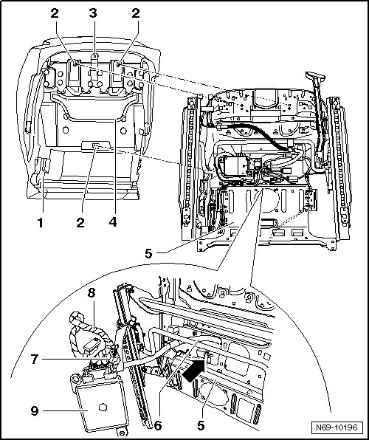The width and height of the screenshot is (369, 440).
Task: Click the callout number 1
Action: click(x=41, y=223)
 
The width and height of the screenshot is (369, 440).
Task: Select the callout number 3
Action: click(x=93, y=13)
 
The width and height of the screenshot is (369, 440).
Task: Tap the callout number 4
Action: click(x=113, y=222)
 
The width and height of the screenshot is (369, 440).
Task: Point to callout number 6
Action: click(x=158, y=425)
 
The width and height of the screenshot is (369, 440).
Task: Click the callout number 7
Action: click(x=35, y=360)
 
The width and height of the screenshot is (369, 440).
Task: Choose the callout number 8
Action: click(x=92, y=293)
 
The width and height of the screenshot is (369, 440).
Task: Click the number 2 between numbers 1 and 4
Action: click(x=80, y=223)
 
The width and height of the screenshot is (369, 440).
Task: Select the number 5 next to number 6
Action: click(x=201, y=425)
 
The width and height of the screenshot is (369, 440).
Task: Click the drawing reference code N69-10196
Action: click(x=337, y=427)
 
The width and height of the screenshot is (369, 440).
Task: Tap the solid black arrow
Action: click(x=194, y=371)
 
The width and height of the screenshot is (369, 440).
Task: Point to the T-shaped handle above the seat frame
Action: click(x=315, y=76)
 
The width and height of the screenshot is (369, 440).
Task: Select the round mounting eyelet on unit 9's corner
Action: click(x=75, y=379)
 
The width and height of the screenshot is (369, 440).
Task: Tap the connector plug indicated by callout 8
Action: click(x=91, y=344)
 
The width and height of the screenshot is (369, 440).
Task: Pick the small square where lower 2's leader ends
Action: click(x=96, y=145)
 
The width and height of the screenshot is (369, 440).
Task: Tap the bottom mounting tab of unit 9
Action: click(x=122, y=433)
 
